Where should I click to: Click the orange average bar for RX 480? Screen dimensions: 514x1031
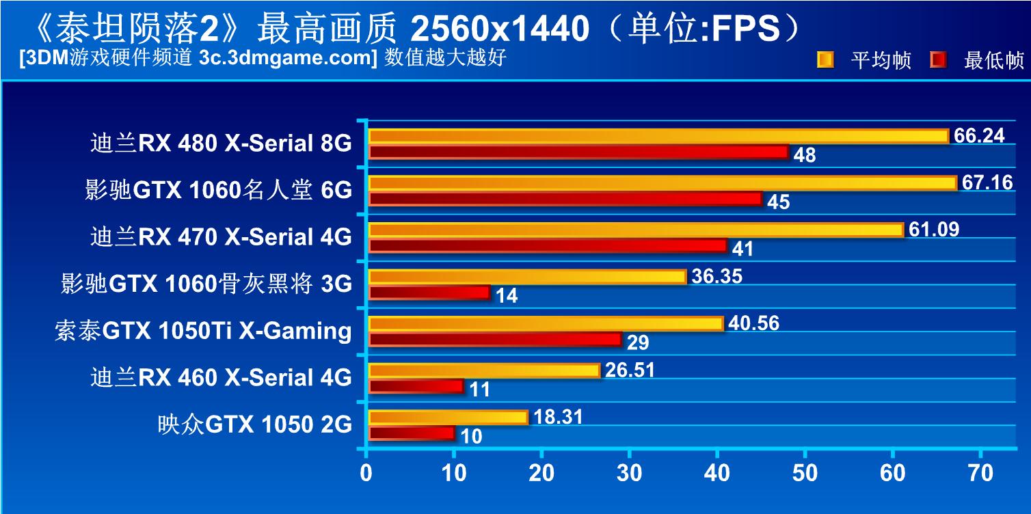coord(658,136)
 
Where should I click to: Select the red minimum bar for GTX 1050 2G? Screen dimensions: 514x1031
coord(412,433)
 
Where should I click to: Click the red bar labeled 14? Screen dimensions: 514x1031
coord(429,293)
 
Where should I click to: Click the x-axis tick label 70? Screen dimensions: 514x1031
coord(980,474)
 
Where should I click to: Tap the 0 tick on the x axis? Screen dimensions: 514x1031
coord(367,474)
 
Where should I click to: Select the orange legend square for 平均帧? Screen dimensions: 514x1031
coord(825,60)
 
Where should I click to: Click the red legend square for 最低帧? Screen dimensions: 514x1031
coord(939,60)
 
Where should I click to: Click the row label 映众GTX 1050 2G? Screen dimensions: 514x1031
coord(254,424)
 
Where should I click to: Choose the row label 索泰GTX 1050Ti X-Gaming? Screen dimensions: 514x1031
coord(203,331)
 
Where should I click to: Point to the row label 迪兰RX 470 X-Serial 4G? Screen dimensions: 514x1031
coord(221,237)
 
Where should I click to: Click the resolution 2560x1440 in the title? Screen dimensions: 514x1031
coord(500,29)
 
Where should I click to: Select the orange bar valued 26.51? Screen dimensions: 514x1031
coord(484,370)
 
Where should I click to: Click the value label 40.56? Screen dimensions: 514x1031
coord(753,323)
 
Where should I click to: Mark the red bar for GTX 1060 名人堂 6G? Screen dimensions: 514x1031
coord(565,199)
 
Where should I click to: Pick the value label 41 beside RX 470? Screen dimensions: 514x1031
coord(742,249)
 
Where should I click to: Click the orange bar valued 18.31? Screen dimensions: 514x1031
coord(448,417)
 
